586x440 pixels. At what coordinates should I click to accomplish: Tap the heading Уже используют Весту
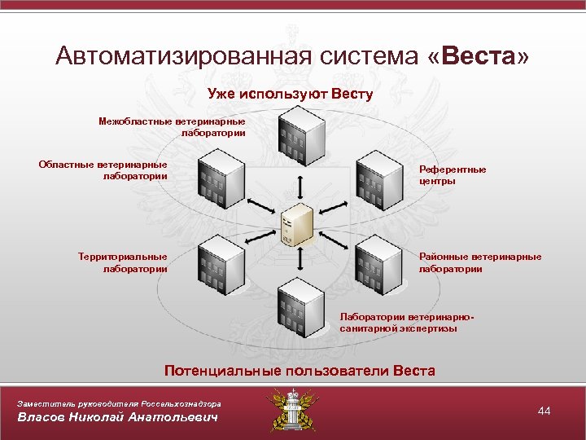[290, 94]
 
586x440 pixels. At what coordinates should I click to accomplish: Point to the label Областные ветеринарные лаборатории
[103, 169]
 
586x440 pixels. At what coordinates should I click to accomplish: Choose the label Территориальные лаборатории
[123, 262]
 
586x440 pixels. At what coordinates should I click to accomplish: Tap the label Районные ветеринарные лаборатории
[479, 262]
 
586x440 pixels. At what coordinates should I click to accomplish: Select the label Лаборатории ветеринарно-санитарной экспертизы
[406, 323]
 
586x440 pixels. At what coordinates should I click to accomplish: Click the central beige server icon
[297, 225]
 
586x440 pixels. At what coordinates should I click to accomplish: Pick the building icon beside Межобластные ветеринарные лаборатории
[300, 134]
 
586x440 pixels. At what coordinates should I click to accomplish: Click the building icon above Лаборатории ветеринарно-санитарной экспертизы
[300, 309]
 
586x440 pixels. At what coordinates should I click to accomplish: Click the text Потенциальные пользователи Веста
[300, 371]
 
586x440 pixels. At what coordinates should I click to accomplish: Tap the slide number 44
[544, 411]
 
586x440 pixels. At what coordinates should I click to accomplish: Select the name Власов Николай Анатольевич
[119, 418]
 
